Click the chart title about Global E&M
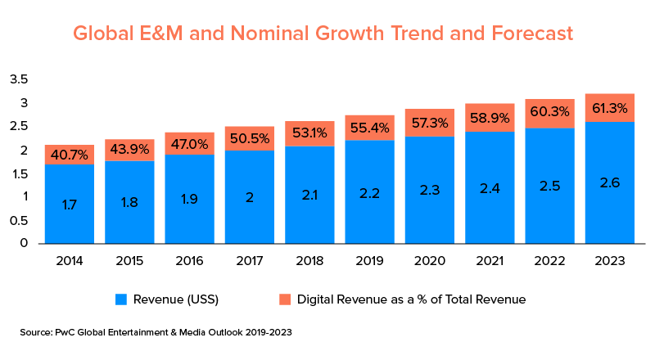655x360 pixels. coord(323,34)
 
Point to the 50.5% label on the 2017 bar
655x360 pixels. coord(249,138)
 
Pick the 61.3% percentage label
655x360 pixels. coord(610,107)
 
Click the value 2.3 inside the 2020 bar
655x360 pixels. coord(430,188)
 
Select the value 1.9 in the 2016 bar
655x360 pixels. coord(189,198)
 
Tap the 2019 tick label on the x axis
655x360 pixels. coord(369,261)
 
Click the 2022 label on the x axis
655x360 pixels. coord(549,261)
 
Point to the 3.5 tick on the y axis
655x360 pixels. coord(19,79)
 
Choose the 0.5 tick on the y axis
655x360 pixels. coord(19,219)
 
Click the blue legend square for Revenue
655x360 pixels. coord(120,299)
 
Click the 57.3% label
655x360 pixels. coord(430,123)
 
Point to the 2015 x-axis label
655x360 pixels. coord(129,261)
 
